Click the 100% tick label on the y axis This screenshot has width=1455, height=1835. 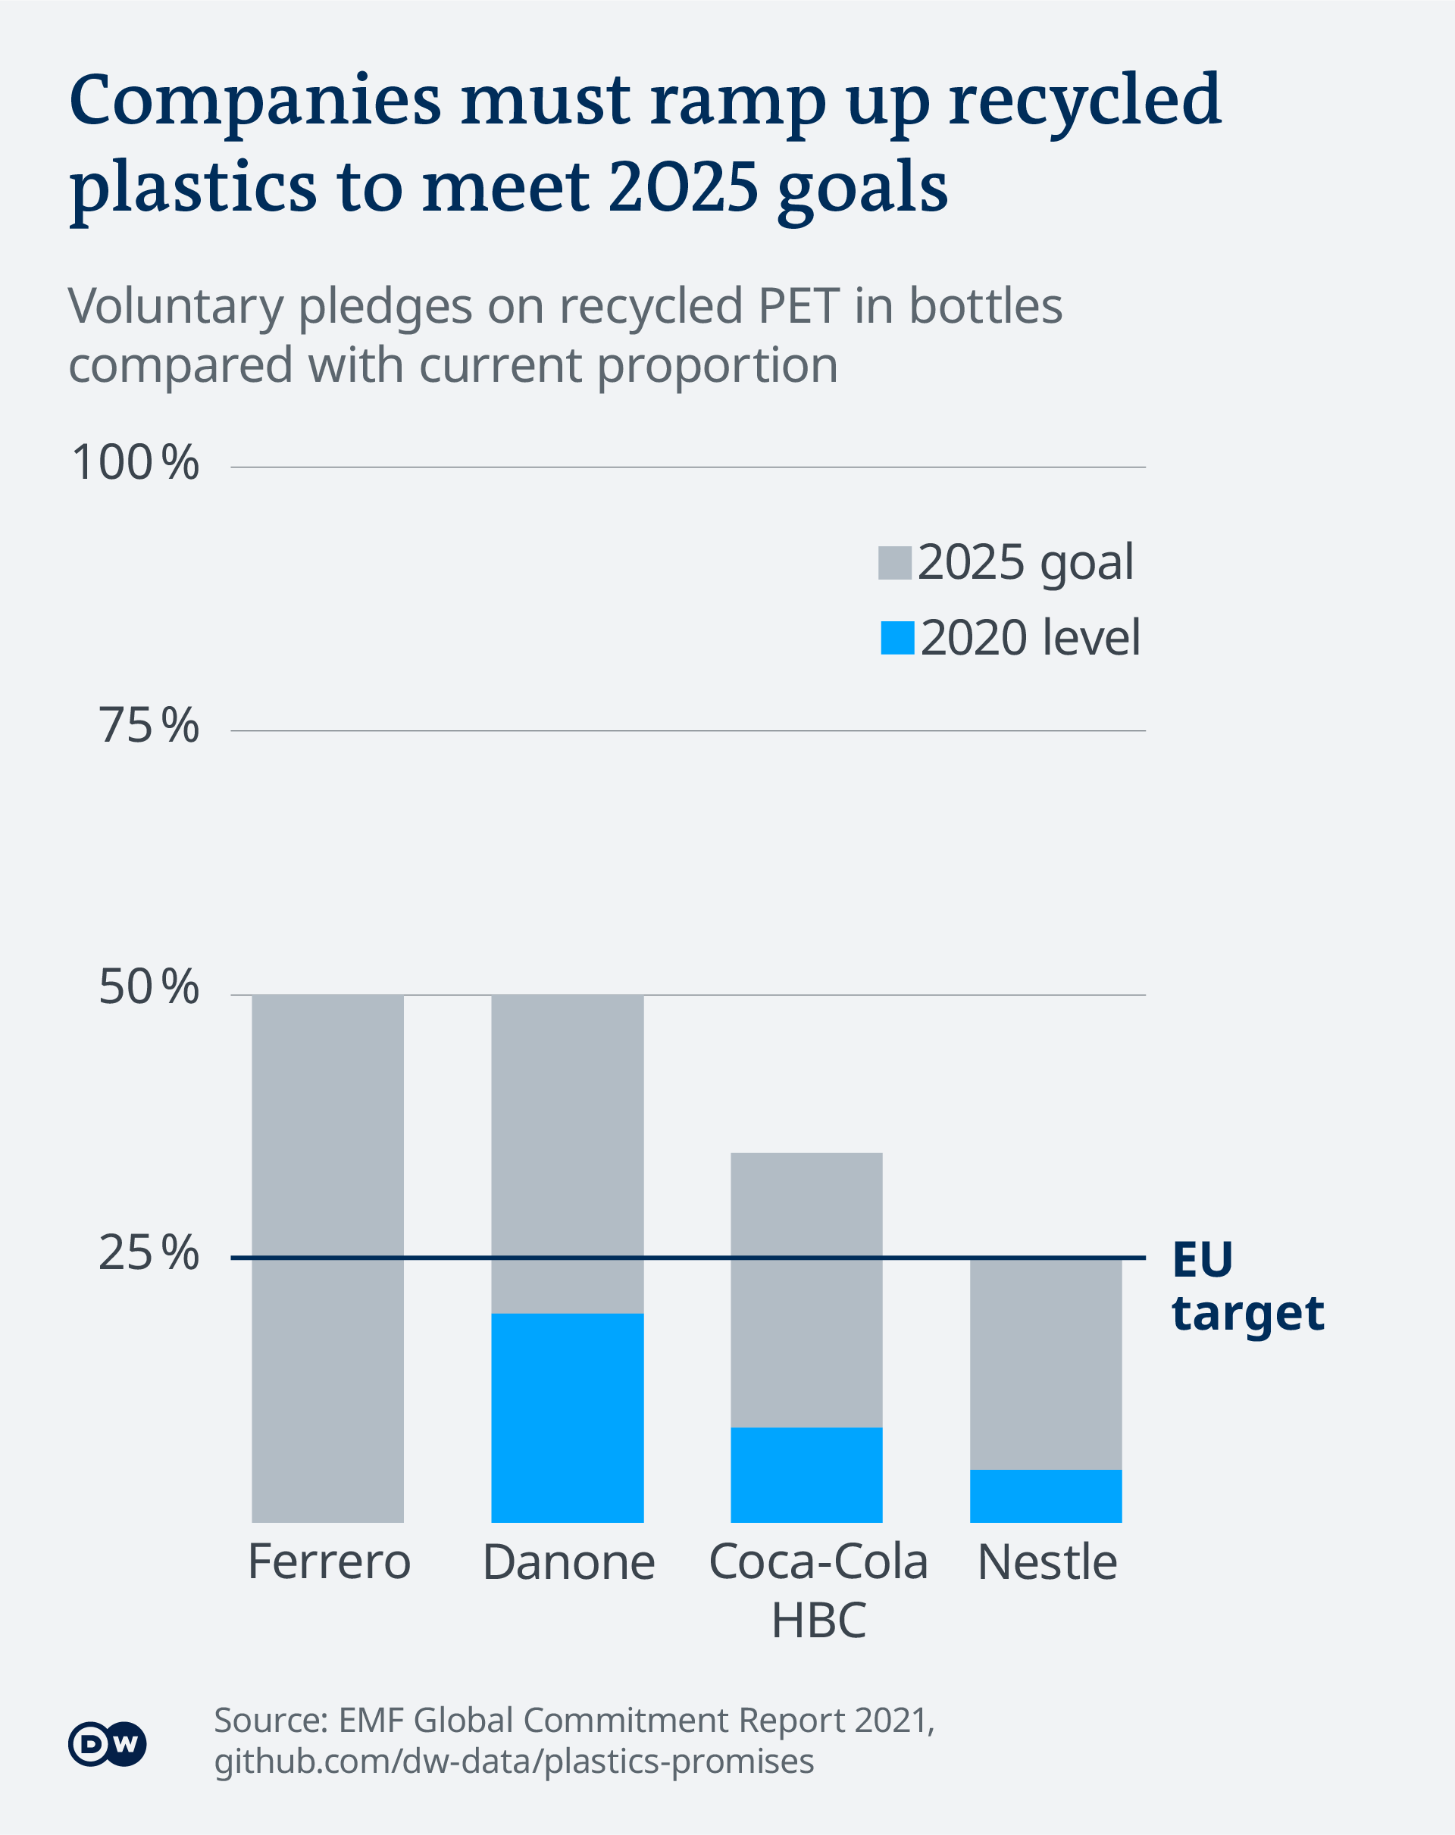coord(136,464)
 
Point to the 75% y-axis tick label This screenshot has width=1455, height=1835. coord(149,727)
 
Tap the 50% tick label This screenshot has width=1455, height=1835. coord(149,988)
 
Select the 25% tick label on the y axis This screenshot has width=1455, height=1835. coord(149,1254)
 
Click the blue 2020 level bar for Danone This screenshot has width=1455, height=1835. coord(567,1418)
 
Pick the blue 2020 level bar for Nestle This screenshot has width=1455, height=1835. coord(1046,1496)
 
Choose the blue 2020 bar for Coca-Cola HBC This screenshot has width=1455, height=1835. coord(806,1475)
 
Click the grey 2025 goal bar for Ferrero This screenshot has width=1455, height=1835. coord(328,1260)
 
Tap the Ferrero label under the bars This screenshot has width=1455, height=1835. coord(330,1563)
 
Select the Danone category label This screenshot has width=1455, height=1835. coord(568,1564)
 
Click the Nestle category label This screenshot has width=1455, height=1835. coord(1047,1564)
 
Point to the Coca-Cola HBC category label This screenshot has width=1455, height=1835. coord(818,1591)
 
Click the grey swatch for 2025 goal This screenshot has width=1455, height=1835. coord(895,564)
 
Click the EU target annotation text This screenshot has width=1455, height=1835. coord(1247,1286)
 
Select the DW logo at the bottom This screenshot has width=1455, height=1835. coord(108,1744)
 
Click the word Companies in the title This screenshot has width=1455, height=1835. coord(255,102)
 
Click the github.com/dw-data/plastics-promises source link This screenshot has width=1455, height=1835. coord(513,1760)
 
